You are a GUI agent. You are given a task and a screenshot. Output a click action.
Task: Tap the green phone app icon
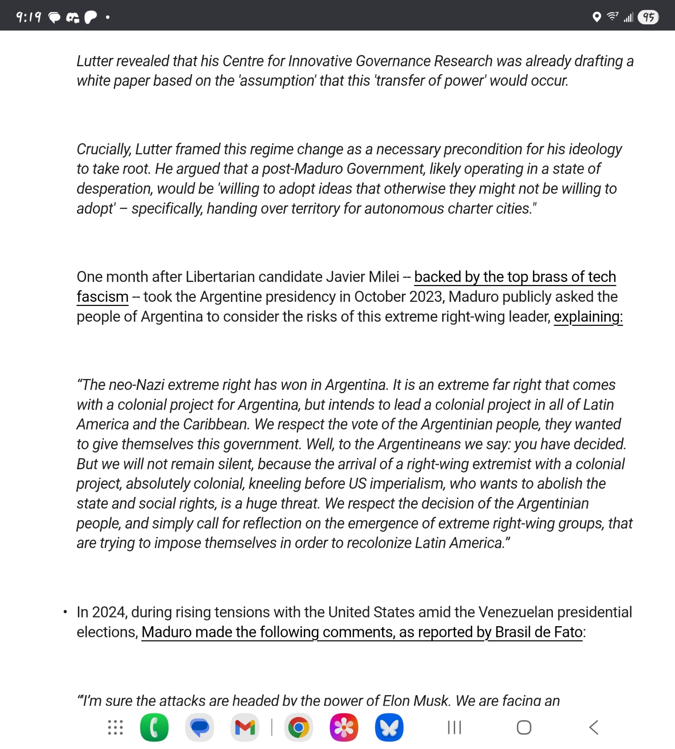(154, 728)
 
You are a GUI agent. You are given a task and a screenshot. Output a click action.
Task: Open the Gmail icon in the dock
(245, 728)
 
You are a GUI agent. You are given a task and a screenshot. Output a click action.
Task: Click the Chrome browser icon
(299, 728)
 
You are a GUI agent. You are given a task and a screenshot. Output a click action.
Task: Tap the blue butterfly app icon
(389, 728)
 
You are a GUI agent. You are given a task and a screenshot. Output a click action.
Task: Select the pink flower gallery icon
(343, 728)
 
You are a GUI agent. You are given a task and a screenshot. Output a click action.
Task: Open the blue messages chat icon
(199, 728)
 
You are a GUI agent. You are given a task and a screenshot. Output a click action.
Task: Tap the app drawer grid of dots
(115, 728)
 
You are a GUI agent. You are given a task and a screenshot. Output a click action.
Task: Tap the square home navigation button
(524, 728)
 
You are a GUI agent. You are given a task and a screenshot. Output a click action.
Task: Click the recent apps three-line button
(454, 728)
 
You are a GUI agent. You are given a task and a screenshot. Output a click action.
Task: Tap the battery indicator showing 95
(648, 17)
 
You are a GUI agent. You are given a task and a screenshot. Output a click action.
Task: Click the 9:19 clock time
(28, 17)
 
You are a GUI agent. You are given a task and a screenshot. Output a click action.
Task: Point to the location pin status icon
(597, 17)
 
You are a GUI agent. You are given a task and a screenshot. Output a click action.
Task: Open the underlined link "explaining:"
(588, 317)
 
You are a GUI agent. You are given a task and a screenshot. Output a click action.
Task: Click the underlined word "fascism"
(102, 297)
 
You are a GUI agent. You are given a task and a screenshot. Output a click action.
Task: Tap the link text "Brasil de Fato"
(539, 632)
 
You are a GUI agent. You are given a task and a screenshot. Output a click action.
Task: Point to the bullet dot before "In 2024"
(65, 612)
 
